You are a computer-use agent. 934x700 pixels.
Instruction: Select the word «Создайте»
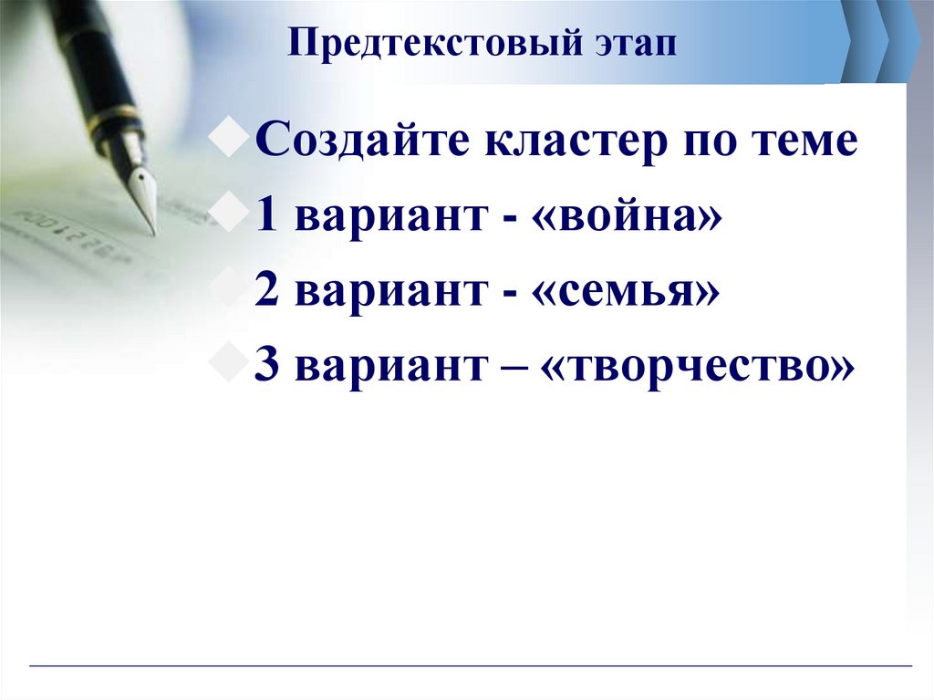click(365, 143)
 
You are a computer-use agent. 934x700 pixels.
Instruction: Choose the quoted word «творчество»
click(700, 365)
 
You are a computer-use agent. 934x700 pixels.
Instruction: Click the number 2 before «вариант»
click(267, 291)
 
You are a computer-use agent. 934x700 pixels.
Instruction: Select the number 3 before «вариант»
click(267, 365)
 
